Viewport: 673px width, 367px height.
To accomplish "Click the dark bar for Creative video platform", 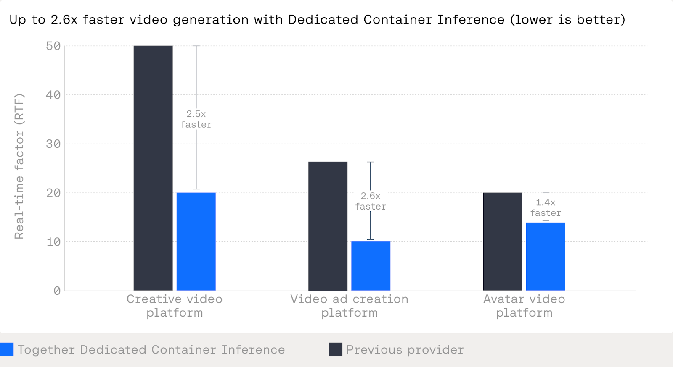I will click(153, 168).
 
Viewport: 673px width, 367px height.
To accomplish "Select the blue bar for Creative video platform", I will click(196, 241).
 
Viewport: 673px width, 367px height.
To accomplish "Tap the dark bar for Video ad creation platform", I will click(328, 226).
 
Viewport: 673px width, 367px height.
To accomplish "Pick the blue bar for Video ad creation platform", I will click(371, 266).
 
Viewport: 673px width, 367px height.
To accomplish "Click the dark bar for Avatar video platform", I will click(503, 241).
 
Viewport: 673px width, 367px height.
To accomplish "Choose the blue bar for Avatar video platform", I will click(546, 256).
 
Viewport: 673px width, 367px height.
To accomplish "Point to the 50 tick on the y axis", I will click(53, 46).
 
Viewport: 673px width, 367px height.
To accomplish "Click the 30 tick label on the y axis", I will click(53, 144).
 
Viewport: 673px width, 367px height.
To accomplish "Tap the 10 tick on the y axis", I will click(53, 242).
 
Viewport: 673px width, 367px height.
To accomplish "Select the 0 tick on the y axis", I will click(57, 291).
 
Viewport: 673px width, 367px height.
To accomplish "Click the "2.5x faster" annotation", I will click(196, 119).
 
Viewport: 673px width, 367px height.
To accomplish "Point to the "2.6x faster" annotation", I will click(370, 201).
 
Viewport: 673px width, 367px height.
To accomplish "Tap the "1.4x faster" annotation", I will click(546, 208).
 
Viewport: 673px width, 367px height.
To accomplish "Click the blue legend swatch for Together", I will click(7, 349).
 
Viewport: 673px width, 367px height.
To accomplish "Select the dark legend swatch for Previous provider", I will click(335, 349).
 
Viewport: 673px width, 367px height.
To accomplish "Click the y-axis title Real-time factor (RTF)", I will click(19, 166).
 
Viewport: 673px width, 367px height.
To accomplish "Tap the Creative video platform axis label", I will click(175, 306).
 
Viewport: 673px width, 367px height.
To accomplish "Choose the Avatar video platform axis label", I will click(524, 306).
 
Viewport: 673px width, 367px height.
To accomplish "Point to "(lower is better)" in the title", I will click(568, 20).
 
